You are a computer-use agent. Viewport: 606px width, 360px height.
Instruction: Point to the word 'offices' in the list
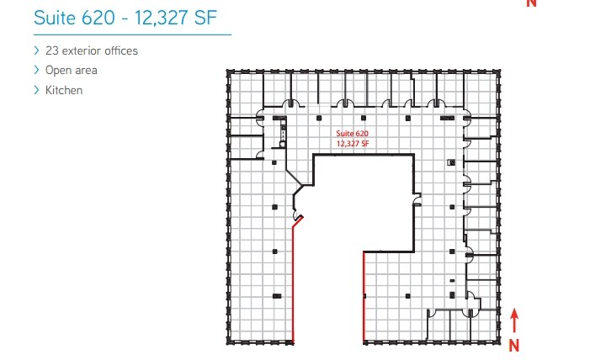(x=121, y=50)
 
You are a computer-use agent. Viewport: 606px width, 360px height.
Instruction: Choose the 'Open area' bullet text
(x=72, y=71)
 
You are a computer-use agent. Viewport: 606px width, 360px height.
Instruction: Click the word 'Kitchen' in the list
(x=64, y=90)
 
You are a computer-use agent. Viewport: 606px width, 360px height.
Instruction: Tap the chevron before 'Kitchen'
(x=36, y=90)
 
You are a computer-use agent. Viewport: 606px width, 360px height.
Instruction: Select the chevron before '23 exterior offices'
(x=36, y=50)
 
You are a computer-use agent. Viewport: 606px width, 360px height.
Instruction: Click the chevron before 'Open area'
(x=36, y=71)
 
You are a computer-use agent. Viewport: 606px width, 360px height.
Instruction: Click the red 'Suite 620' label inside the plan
(x=353, y=135)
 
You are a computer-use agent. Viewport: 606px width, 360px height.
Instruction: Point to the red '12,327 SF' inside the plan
(x=353, y=144)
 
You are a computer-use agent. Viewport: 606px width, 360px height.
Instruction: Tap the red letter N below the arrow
(x=513, y=344)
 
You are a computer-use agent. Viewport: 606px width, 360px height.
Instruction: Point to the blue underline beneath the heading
(x=130, y=34)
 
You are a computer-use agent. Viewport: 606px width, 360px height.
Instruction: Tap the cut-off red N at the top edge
(x=531, y=3)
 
